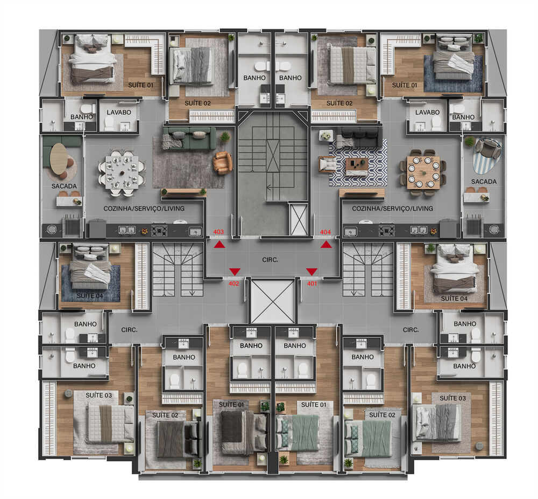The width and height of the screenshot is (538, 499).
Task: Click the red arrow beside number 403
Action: coord(219,245)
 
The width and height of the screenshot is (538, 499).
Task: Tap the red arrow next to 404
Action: coord(326,245)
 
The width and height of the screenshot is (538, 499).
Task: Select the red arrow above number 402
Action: coord(235,271)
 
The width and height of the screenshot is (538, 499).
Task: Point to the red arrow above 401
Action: coord(312,271)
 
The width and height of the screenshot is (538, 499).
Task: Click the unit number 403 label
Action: coord(218,232)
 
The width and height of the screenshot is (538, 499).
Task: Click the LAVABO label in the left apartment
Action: coord(116,112)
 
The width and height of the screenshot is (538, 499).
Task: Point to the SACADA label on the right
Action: coord(484,182)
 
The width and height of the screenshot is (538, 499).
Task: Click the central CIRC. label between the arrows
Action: coord(271,260)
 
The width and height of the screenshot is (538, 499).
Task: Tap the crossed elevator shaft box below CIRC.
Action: coord(273,301)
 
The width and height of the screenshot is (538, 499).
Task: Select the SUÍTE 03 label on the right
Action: coord(452,398)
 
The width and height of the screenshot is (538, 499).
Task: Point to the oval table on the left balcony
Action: coord(59,159)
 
